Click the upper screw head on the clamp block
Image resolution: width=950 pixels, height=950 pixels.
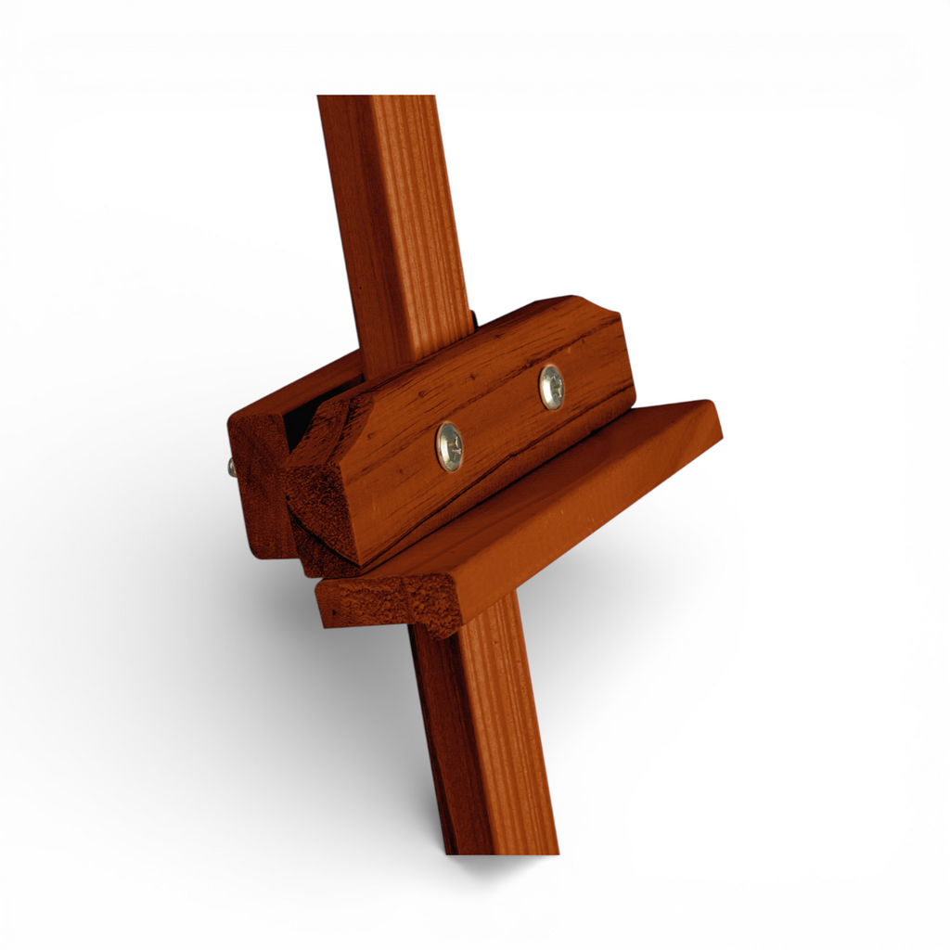coord(551,387)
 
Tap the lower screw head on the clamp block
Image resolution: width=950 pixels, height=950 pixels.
coord(450,446)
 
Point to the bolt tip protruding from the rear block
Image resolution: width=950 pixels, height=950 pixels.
coord(231,468)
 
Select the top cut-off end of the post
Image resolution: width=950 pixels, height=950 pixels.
coord(376,98)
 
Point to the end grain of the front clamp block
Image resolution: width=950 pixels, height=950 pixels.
coord(325,501)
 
